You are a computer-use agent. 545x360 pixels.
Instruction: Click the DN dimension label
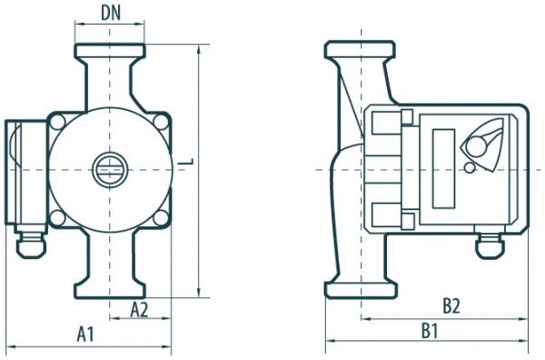111,14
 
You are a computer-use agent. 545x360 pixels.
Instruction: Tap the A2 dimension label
139,310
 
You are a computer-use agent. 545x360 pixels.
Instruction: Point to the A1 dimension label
85,335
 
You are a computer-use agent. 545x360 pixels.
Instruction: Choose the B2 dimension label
451,306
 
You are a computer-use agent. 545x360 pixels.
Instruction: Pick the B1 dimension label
430,330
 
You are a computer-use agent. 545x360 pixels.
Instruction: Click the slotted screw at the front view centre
110,170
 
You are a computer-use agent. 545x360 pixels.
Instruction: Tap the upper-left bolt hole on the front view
57,122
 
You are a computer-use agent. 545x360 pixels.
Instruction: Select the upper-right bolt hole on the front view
161,122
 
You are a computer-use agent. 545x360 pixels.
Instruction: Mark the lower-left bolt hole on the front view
57,218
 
